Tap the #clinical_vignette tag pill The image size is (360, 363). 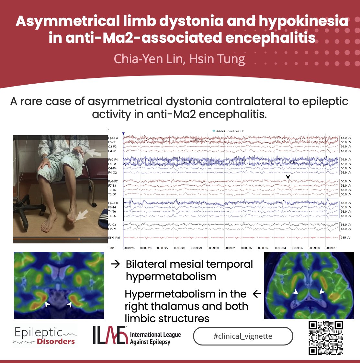(x=243, y=336)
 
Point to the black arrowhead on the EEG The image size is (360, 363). (x=288, y=177)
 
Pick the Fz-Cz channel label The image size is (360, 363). (x=112, y=225)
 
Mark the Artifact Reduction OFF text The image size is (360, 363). (x=230, y=131)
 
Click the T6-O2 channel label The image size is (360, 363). (x=112, y=216)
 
